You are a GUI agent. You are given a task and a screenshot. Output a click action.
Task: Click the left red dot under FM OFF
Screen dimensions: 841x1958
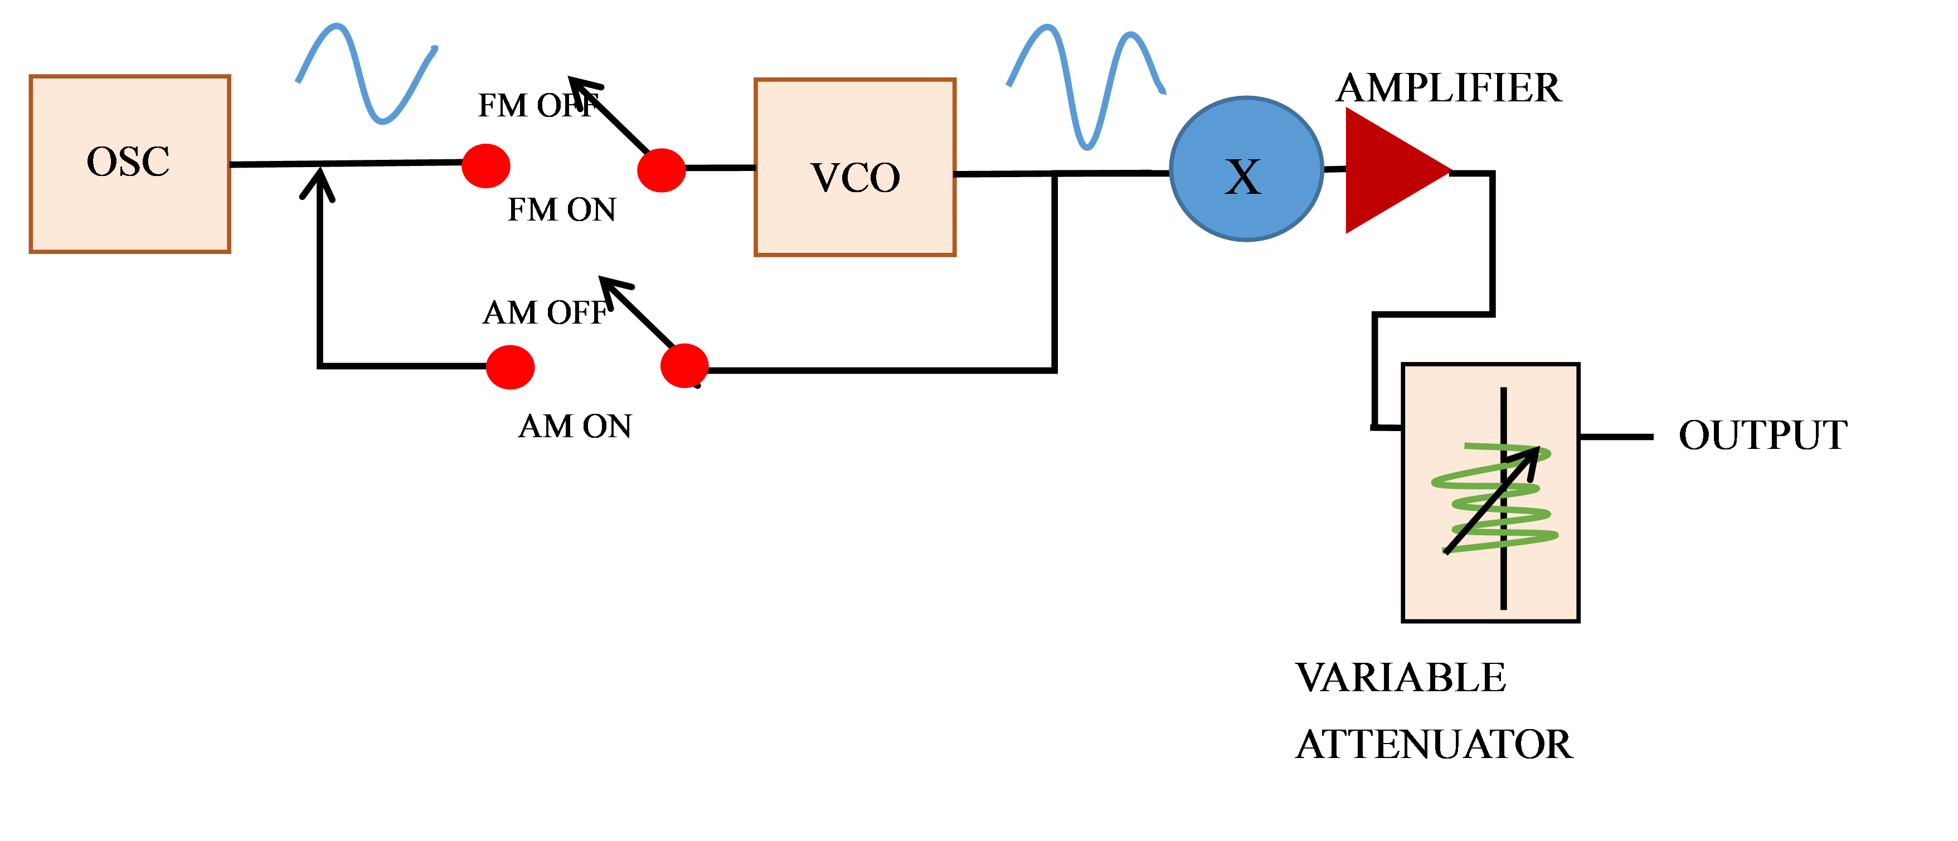[x=485, y=165]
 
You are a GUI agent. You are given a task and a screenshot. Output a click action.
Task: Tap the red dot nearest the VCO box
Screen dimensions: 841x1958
[x=661, y=170]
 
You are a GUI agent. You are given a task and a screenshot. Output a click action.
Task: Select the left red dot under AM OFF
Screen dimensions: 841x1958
[x=510, y=367]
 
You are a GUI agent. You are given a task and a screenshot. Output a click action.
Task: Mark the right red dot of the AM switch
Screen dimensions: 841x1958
[x=684, y=365]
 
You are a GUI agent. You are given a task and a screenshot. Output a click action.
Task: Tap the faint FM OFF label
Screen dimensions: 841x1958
[x=539, y=105]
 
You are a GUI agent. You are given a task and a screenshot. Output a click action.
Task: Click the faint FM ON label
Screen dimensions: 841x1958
[x=562, y=208]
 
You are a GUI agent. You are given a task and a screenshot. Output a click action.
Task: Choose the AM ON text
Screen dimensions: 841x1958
[x=575, y=427]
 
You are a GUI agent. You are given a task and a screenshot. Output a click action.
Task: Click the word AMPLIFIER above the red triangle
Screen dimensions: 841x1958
[x=1450, y=87]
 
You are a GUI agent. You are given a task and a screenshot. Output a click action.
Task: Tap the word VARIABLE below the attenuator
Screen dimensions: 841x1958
[x=1403, y=677]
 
